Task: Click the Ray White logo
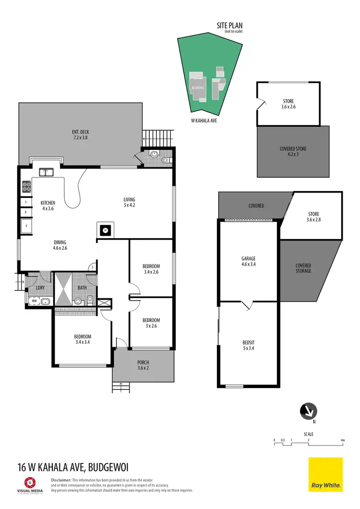click(x=325, y=474)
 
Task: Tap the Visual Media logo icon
click(x=30, y=482)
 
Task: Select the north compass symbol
click(x=307, y=411)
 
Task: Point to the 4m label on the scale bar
click(x=342, y=440)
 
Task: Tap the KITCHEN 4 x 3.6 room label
click(x=48, y=206)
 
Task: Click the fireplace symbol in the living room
click(x=105, y=230)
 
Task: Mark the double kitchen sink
click(x=47, y=171)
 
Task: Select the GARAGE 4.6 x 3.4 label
click(x=248, y=261)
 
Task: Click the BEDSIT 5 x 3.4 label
click(x=248, y=345)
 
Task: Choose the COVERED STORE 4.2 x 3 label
click(x=293, y=152)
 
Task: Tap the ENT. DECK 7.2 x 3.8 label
click(x=80, y=135)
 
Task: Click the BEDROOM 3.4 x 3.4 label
click(x=83, y=339)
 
